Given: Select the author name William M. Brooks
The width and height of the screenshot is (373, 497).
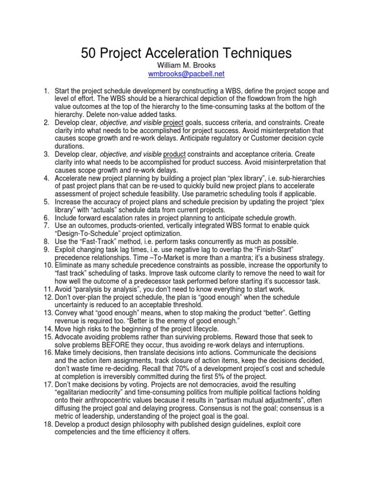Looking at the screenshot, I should point(186,65).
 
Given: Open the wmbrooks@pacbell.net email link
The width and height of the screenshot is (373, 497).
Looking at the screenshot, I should point(186,74).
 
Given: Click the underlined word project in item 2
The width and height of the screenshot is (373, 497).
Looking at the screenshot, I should point(173,123).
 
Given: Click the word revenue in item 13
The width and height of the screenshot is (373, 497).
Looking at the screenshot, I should point(68,321).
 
